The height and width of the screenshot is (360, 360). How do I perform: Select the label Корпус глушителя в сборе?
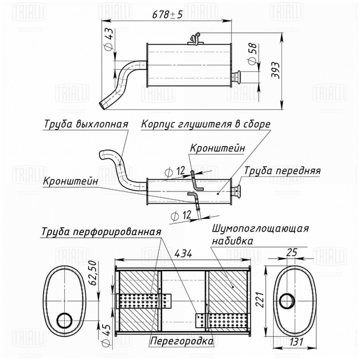pos(206,124)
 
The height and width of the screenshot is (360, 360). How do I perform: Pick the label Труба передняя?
pos(281,170)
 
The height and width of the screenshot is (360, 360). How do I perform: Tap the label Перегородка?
pos(181,341)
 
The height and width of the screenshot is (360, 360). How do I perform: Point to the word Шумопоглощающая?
pos(260,229)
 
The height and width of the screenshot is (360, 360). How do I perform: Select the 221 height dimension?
pos(259,298)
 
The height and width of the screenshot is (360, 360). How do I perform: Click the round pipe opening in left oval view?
pos(62,320)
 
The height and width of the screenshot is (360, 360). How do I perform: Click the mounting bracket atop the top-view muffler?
pos(194,40)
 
